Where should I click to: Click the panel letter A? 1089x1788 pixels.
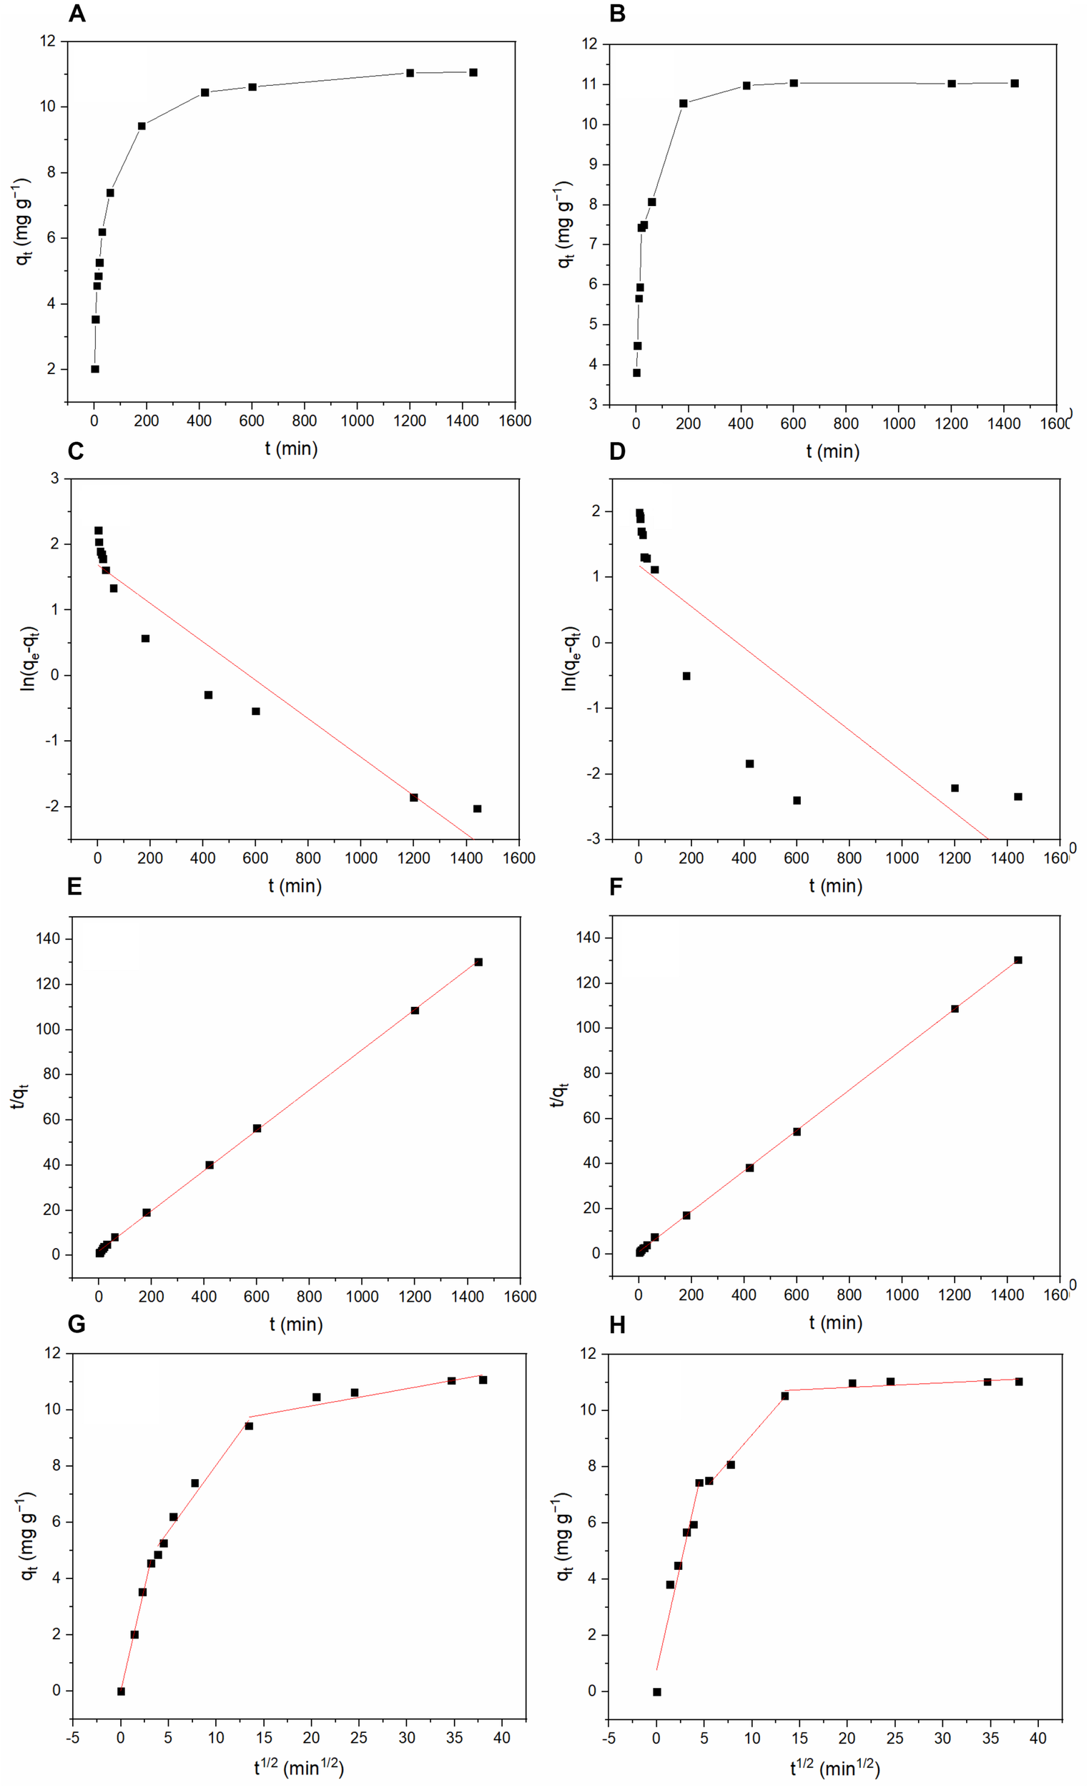[x=77, y=14]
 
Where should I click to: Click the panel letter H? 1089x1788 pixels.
[x=617, y=1327]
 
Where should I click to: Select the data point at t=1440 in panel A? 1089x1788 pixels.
[x=473, y=72]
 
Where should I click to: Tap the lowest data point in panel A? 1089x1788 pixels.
[x=95, y=369]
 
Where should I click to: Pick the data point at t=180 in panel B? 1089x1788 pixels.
[x=684, y=104]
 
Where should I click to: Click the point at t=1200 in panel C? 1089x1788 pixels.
[x=413, y=797]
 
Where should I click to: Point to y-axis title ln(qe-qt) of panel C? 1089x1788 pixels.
[x=29, y=659]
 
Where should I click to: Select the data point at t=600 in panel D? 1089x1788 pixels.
[x=797, y=800]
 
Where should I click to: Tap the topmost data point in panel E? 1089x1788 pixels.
[x=478, y=962]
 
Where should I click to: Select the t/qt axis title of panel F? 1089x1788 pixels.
[x=558, y=1095]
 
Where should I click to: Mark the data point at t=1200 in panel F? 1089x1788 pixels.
[x=955, y=1008]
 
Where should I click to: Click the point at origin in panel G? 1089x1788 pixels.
[x=121, y=1691]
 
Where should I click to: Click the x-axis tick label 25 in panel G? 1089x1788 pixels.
[x=358, y=1738]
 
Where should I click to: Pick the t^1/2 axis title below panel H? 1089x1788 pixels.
[x=835, y=1769]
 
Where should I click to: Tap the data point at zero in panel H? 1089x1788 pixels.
[x=657, y=1692]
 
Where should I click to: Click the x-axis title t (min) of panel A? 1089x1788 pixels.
[x=291, y=448]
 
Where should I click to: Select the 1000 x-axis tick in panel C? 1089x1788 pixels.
[x=360, y=858]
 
